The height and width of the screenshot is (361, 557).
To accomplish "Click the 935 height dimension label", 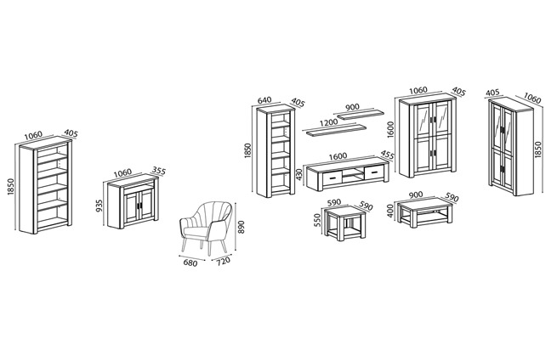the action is pos(99,206).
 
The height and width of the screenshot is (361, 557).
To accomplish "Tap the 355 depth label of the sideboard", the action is pos(158,171).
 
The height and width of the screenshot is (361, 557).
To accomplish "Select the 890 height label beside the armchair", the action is pos(242,227).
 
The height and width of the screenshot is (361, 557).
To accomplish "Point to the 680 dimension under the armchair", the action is pos(190,263).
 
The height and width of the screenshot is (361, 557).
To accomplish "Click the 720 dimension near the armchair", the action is pos(223,261).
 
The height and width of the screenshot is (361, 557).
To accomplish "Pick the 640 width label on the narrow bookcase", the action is pos(264,100).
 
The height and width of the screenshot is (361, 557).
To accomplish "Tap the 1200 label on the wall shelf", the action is pos(328,123).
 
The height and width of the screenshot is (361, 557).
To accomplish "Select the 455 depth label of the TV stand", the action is pos(387,155).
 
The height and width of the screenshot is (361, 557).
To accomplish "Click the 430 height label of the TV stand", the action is pos(298,174).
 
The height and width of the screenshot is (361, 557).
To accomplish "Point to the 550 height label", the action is pos(317,220).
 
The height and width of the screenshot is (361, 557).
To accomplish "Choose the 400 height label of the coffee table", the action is pos(390,211).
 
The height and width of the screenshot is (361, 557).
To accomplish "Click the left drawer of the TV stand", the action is pos(332,178).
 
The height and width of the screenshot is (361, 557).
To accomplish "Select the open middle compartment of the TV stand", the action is pos(354,175).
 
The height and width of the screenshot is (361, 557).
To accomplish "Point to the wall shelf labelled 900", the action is pos(361,115).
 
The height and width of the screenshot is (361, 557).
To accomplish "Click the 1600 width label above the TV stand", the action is pos(338,156).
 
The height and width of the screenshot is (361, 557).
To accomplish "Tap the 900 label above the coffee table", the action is pos(416,195).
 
